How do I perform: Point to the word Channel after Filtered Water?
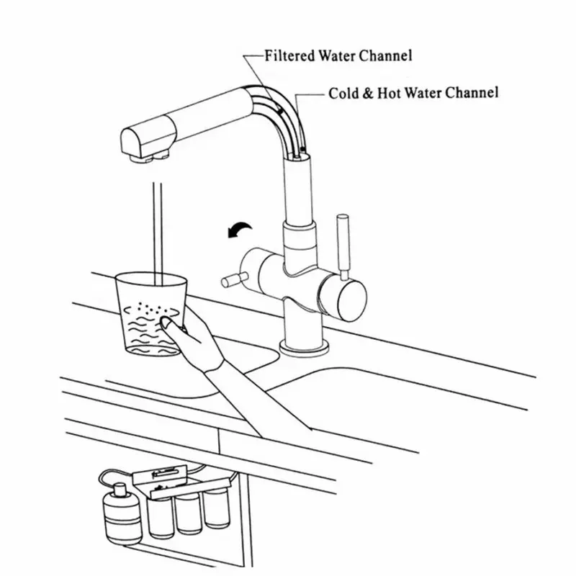387,55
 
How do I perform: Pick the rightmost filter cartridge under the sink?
214,508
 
